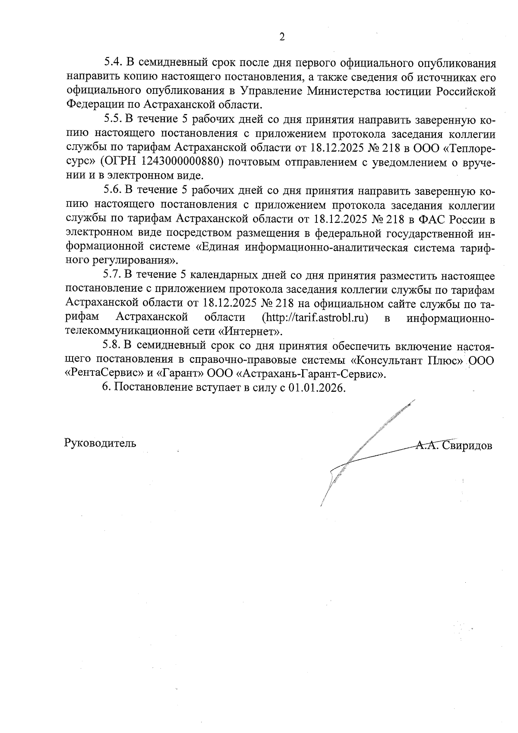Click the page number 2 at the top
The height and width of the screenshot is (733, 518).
pyautogui.click(x=282, y=37)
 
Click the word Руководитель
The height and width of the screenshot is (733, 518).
pyautogui.click(x=100, y=443)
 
